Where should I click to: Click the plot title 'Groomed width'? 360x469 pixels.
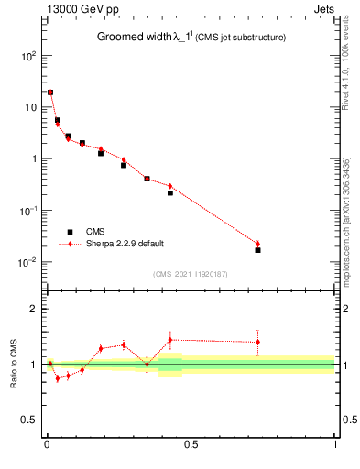(x=133, y=38)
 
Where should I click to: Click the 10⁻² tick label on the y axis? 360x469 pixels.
(x=27, y=262)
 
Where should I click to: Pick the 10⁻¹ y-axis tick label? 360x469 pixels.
(x=27, y=210)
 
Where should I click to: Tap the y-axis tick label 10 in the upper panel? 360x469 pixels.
(x=30, y=107)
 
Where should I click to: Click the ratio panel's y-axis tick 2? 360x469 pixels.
(x=34, y=309)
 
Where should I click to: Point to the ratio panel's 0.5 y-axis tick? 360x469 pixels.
(x=30, y=420)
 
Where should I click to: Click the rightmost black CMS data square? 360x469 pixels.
(x=257, y=250)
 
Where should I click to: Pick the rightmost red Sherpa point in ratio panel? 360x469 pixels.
(x=257, y=342)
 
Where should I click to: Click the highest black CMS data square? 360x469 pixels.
(x=50, y=93)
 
